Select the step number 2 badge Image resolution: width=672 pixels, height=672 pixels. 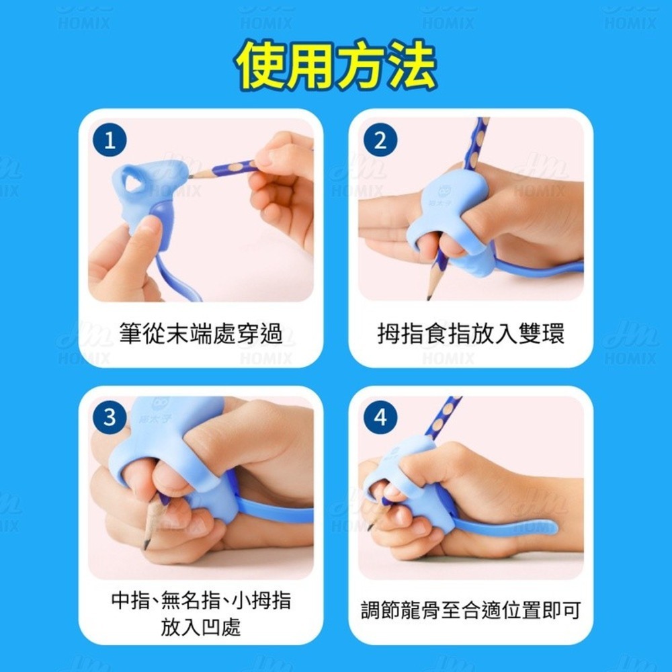[x=380, y=141]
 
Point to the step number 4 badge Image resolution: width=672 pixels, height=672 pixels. [x=380, y=419]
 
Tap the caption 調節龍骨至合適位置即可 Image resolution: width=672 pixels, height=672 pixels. [x=470, y=610]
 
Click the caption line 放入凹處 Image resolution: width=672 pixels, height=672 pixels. [x=201, y=628]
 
